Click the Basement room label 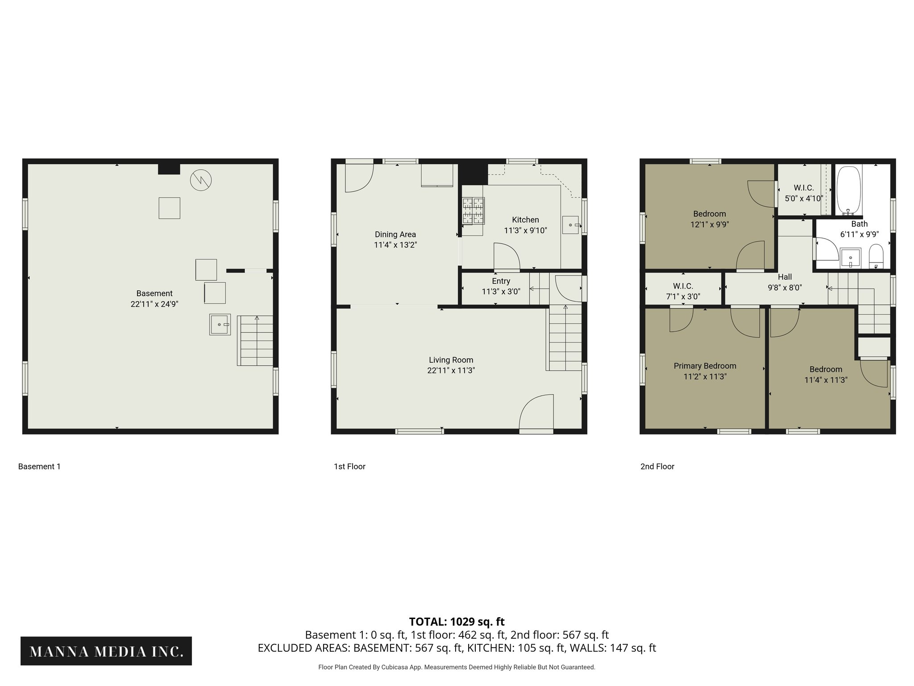154,293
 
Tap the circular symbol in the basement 201,180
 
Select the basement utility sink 220,324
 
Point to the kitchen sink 570,225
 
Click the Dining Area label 395,234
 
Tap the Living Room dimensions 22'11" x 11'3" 451,370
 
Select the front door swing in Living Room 536,412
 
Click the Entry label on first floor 501,281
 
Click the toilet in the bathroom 876,256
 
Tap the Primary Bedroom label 705,366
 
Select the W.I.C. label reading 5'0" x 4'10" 803,198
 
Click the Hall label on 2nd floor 785,277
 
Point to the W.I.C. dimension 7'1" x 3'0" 683,297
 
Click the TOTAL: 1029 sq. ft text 457,622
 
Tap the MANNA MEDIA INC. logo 106,652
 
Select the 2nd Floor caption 657,466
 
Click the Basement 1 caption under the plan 39,466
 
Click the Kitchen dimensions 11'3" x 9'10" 525,230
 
